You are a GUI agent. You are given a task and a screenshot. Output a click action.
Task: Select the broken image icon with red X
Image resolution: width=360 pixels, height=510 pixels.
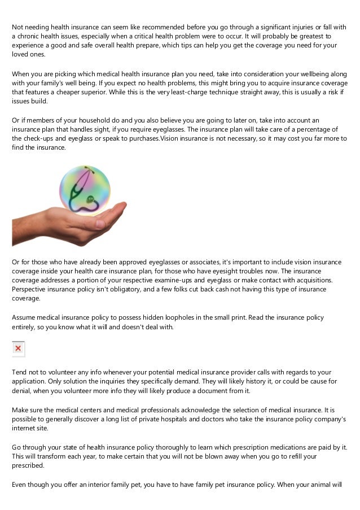click(18, 348)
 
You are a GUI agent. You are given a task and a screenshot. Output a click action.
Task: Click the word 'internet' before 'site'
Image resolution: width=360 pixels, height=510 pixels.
click(24, 428)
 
